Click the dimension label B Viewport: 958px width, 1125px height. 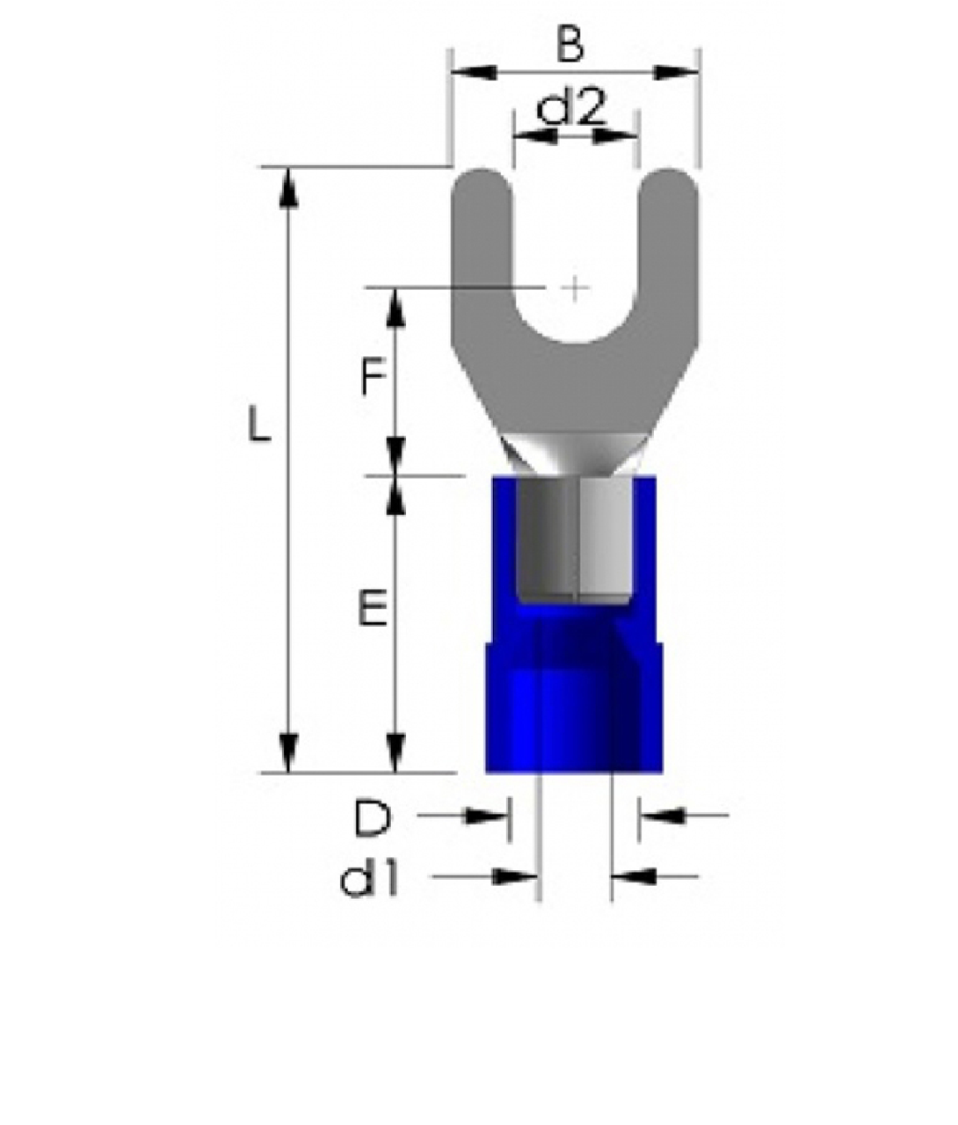[570, 44]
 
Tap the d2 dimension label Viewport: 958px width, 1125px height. [571, 108]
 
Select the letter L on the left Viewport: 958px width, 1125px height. [259, 425]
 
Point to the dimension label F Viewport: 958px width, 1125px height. [374, 377]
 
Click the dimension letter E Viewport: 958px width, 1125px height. [373, 607]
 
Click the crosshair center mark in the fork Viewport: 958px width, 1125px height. [575, 287]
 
